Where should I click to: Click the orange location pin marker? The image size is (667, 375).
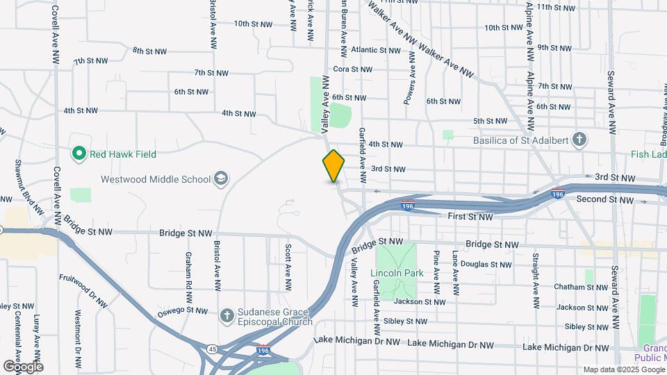333,165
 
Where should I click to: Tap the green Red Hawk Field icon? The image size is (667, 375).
79,153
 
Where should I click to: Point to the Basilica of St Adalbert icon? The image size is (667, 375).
580,141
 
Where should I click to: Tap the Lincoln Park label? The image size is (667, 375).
397,273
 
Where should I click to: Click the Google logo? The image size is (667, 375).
23,366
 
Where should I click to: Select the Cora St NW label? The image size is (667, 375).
352,69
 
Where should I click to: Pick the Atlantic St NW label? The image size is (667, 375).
376,50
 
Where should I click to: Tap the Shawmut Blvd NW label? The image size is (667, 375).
20,183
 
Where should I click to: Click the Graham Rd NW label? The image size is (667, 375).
188,270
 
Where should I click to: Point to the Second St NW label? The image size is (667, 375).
605,200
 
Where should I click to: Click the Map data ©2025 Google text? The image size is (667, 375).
623,369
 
